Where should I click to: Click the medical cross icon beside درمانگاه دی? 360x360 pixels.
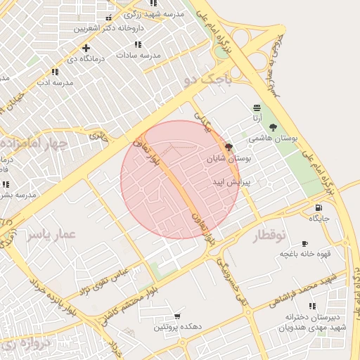pyautogui.click(x=86, y=49)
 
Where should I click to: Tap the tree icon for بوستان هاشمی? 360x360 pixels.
pyautogui.click(x=272, y=127)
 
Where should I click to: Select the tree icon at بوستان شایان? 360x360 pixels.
pyautogui.click(x=229, y=147)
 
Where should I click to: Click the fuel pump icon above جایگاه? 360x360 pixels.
pyautogui.click(x=319, y=207)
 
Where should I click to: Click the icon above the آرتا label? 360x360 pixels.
pyautogui.click(x=257, y=108)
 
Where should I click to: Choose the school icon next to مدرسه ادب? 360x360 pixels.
pyautogui.click(x=55, y=72)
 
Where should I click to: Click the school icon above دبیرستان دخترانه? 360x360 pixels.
pyautogui.click(x=312, y=306)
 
